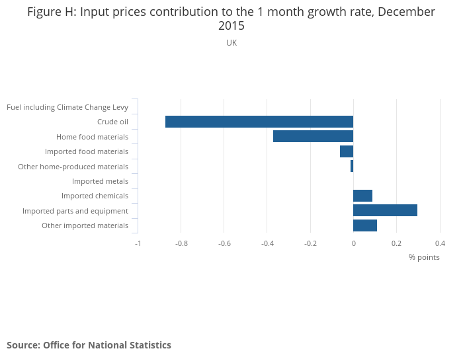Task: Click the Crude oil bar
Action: [x=259, y=122]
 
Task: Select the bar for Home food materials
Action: [x=313, y=136]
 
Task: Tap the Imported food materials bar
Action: [x=347, y=151]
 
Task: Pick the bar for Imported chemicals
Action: [x=362, y=196]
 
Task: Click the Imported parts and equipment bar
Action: [x=385, y=210]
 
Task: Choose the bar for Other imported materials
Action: [x=365, y=225]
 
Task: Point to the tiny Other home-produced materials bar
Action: [x=352, y=166]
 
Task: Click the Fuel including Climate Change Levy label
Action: [x=67, y=107]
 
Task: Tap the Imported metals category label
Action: [x=100, y=181]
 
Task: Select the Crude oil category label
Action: [x=112, y=122]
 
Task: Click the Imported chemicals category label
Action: [x=95, y=196]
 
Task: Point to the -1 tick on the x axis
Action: [x=138, y=243]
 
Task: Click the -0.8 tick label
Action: [x=181, y=243]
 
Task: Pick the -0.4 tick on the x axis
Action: [x=267, y=243]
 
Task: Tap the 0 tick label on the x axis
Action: [x=353, y=243]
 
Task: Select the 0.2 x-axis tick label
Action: [x=396, y=243]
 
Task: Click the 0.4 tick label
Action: [x=440, y=243]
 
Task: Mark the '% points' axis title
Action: [x=423, y=257]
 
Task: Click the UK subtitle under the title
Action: [x=232, y=43]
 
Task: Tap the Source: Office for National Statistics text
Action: [x=89, y=345]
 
